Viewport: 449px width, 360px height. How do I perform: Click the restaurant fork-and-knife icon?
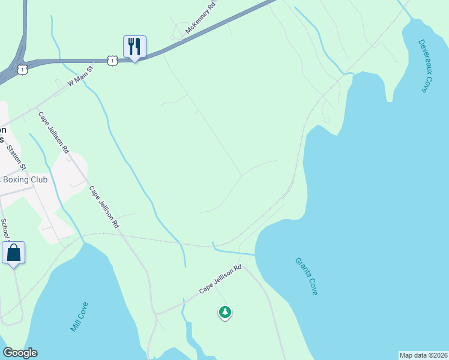pyautogui.click(x=134, y=46)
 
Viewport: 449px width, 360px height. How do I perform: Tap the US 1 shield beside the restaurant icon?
pyautogui.click(x=112, y=60)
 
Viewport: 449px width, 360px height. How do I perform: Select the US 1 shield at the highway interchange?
pyautogui.click(x=23, y=70)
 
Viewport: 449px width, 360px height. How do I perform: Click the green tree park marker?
pyautogui.click(x=225, y=312)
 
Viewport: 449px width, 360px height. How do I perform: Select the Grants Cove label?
pyautogui.click(x=306, y=276)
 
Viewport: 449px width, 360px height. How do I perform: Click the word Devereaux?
pyautogui.click(x=423, y=58)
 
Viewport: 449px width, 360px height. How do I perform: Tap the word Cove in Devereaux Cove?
pyautogui.click(x=426, y=84)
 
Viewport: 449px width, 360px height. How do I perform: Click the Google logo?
pyautogui.click(x=20, y=353)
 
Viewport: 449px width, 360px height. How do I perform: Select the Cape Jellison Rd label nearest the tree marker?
pyautogui.click(x=220, y=280)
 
